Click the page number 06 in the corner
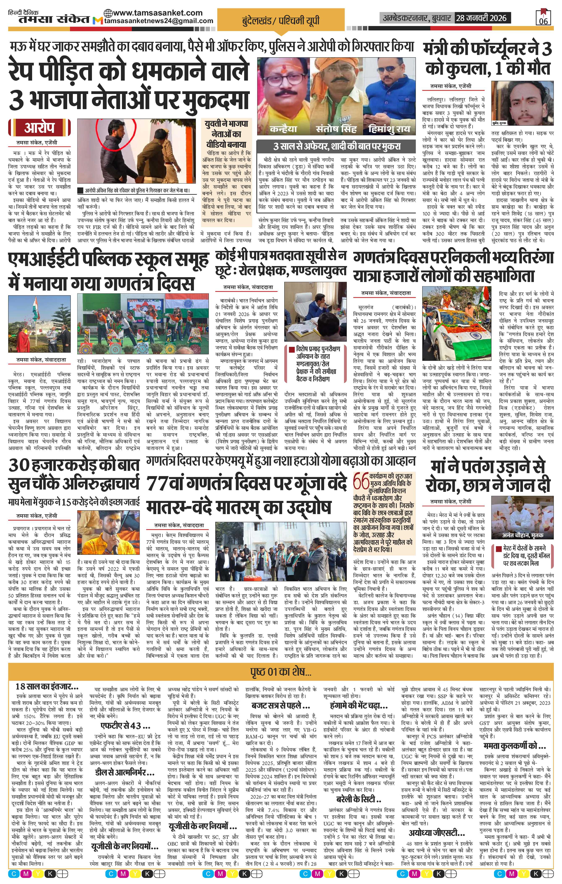click(x=543, y=21)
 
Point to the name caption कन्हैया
click(x=283, y=129)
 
